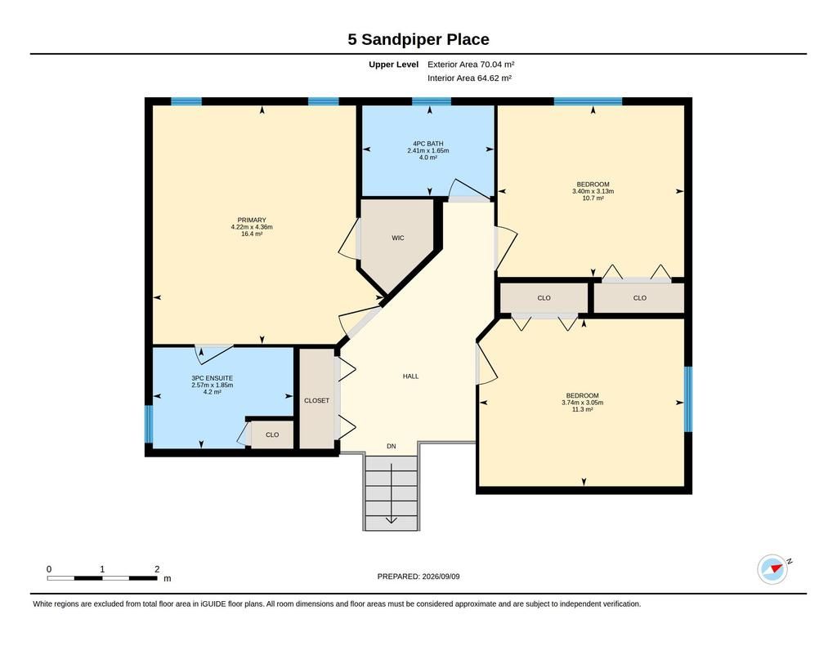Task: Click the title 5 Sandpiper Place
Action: [x=418, y=39]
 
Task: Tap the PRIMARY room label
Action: [x=252, y=220]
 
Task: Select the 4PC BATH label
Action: [x=428, y=144]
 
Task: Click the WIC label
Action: [x=398, y=238]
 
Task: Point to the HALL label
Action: [x=410, y=376]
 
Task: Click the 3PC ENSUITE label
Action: [x=212, y=378]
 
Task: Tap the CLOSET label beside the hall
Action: [x=316, y=401]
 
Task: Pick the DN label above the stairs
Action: [x=392, y=446]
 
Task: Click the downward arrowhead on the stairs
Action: [x=391, y=519]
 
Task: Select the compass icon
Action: [x=772, y=569]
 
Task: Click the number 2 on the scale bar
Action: [x=157, y=569]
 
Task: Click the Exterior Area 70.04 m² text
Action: [x=471, y=65]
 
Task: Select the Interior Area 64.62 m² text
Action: [x=470, y=78]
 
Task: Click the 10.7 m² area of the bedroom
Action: [x=593, y=198]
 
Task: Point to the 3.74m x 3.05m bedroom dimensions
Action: [x=582, y=403]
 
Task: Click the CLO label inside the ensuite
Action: [x=272, y=434]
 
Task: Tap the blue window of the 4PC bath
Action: [x=432, y=101]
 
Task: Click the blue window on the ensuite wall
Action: [x=149, y=424]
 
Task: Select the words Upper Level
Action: [x=393, y=65]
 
